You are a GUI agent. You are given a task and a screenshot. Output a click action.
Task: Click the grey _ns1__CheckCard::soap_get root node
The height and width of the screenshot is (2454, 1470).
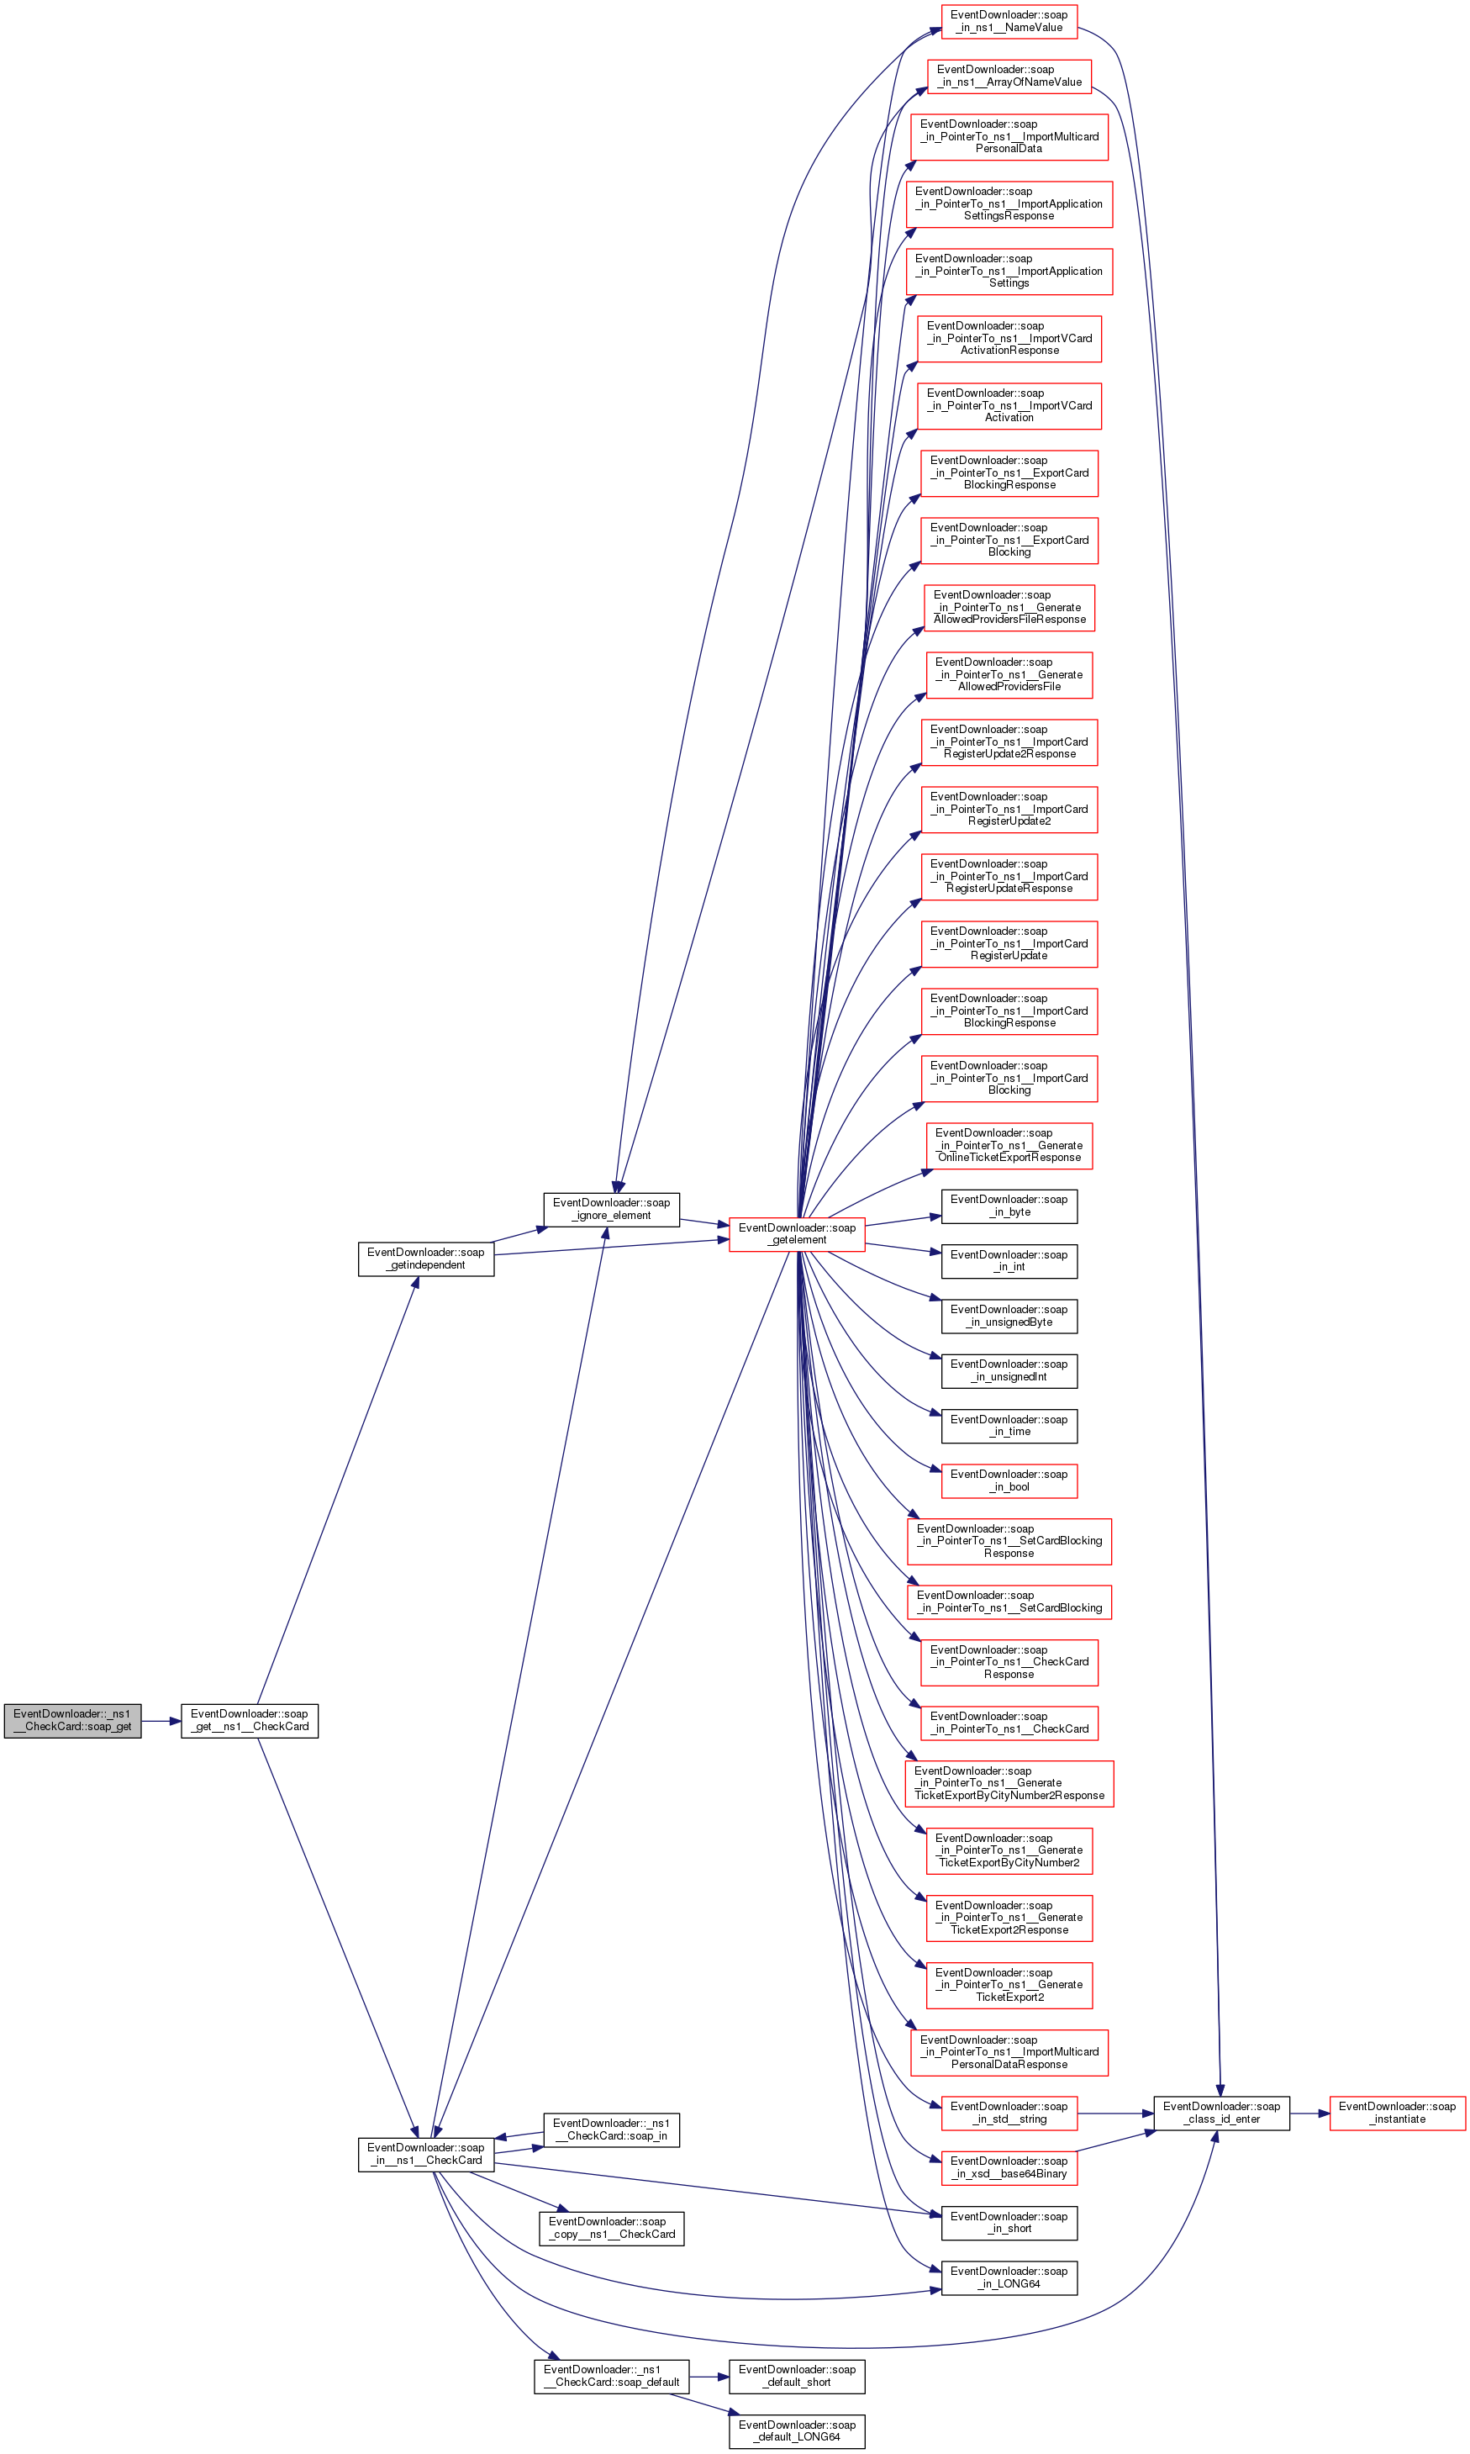pos(72,1720)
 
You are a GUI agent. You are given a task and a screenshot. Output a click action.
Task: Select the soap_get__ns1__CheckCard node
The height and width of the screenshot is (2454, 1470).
pos(250,1720)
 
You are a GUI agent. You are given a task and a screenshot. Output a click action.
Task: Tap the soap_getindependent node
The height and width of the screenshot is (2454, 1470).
pos(426,1259)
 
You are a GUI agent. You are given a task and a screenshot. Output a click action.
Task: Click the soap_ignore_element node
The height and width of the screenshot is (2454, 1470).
pos(611,1209)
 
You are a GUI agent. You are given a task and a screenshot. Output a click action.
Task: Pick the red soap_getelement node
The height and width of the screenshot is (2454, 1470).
pos(797,1233)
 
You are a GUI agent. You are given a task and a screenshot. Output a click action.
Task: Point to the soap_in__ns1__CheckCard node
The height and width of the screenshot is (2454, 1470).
pos(426,2154)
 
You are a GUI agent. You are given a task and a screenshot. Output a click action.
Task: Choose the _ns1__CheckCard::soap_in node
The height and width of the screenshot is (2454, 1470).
pos(611,2129)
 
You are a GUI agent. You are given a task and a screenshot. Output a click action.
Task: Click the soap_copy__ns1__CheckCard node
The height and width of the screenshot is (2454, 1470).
pos(611,2227)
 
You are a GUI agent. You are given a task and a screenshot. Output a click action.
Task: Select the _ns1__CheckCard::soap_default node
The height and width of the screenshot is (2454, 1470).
pos(611,2376)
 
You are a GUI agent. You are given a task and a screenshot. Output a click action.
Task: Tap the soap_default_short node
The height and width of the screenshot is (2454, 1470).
pos(797,2376)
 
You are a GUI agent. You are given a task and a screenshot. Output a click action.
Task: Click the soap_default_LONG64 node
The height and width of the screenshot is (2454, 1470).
pos(797,2431)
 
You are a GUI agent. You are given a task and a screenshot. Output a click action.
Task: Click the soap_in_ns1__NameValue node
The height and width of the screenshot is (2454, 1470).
pos(1009,21)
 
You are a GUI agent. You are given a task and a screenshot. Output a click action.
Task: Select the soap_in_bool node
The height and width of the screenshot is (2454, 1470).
pos(1009,1480)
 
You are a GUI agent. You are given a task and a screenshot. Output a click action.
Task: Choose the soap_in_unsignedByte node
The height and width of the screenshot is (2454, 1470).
pos(1009,1316)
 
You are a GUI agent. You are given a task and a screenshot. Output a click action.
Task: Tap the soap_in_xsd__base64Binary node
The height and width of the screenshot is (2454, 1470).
pos(1009,2166)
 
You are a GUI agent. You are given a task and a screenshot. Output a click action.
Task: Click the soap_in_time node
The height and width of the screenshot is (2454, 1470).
pos(1009,1426)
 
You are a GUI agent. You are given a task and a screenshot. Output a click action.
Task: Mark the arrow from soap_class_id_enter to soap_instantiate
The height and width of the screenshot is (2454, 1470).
pos(1309,2114)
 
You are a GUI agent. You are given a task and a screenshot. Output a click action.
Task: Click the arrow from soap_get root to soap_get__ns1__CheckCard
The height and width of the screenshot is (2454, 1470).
pos(161,1721)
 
